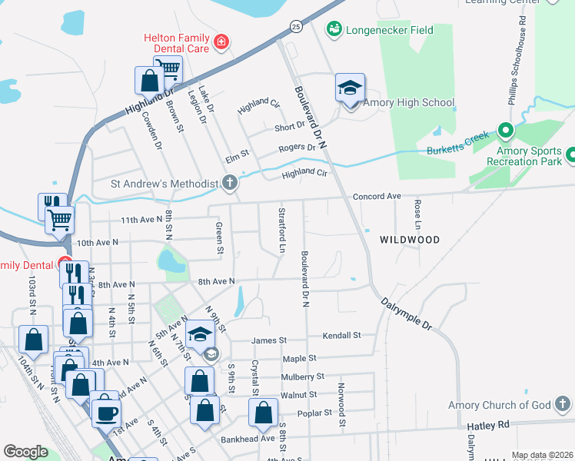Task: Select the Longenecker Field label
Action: [x=390, y=31]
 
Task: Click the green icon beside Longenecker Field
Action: [x=334, y=29]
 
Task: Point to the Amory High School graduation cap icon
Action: [x=350, y=88]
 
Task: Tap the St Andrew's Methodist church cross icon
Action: [x=229, y=183]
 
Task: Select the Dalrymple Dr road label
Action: [x=407, y=313]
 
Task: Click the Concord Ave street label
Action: [x=377, y=197]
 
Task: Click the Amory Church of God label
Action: [x=500, y=406]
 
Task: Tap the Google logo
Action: [x=25, y=452]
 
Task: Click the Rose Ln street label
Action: [x=417, y=214]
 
